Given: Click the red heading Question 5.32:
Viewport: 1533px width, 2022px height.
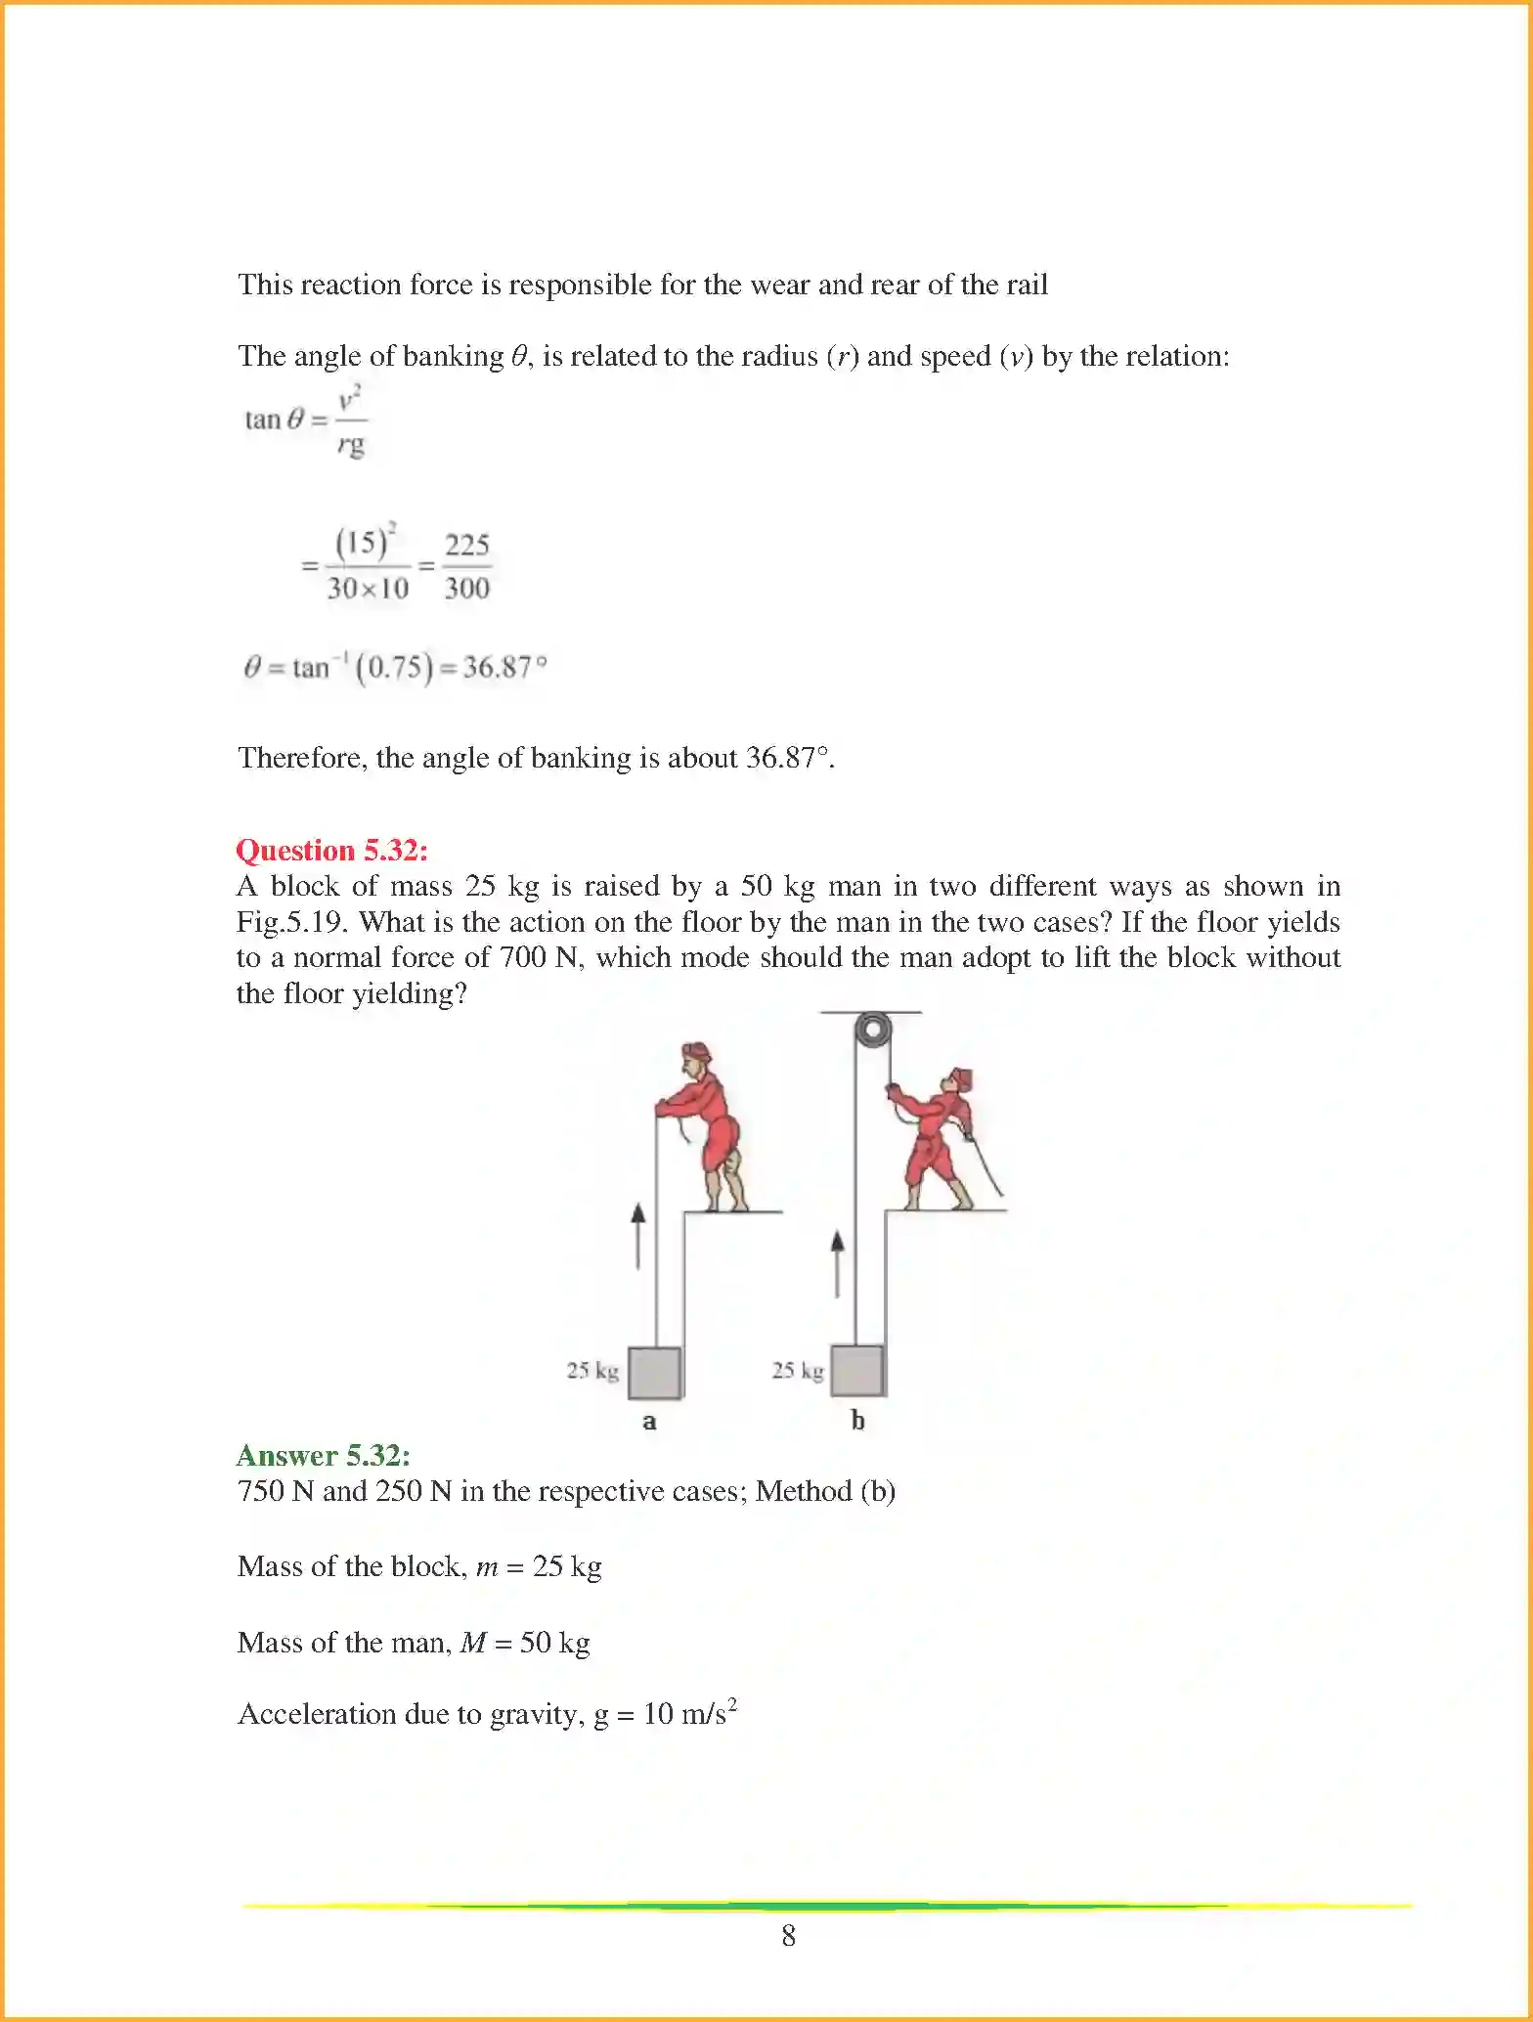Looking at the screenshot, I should [x=331, y=850].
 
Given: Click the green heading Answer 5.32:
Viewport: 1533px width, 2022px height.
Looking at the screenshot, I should [x=323, y=1455].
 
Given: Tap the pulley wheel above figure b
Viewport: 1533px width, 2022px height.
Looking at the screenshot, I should [x=872, y=1031].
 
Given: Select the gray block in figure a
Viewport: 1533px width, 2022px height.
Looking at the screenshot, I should [x=654, y=1372].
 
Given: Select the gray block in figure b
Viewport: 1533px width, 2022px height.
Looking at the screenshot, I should [x=857, y=1371].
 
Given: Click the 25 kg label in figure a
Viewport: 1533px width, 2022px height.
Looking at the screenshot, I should [x=592, y=1371].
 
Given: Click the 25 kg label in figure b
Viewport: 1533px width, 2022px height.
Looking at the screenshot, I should [x=798, y=1371].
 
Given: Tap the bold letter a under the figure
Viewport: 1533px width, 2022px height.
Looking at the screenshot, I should [x=649, y=1422].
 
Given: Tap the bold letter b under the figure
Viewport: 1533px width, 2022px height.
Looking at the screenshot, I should [x=857, y=1421].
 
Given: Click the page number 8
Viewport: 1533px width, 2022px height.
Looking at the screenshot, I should [x=789, y=1936].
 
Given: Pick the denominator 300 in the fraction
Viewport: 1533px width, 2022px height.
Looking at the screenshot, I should [x=466, y=589].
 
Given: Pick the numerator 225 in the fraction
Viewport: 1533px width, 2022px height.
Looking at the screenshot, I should [x=466, y=545].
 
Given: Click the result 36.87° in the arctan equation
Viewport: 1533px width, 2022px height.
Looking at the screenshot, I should [x=504, y=667].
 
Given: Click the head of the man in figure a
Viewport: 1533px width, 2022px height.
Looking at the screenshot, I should [x=696, y=1058].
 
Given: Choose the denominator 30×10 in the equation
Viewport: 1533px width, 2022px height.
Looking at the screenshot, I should [x=368, y=589].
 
